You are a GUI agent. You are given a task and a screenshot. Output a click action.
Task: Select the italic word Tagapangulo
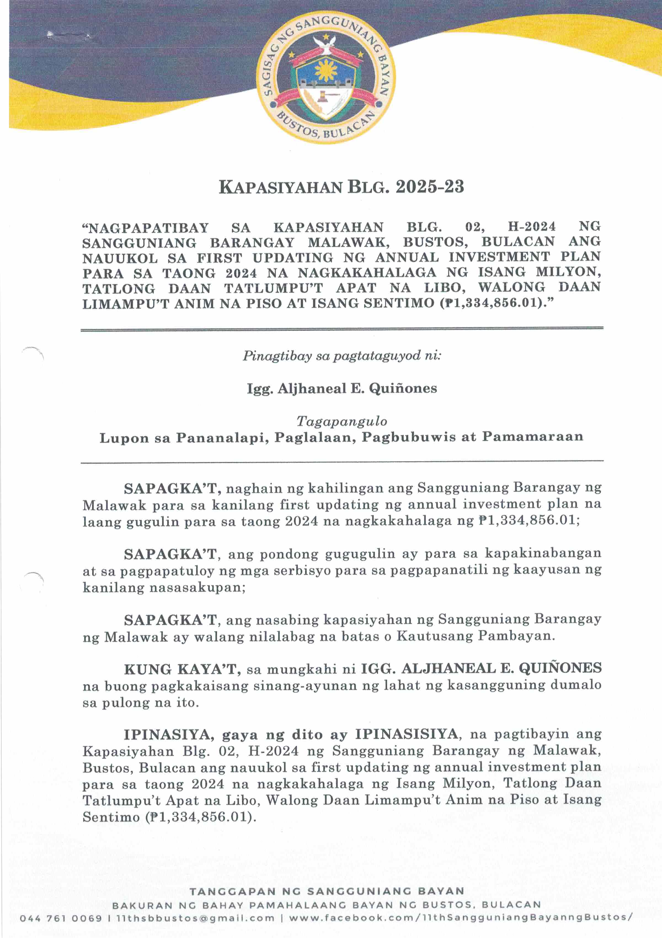342,421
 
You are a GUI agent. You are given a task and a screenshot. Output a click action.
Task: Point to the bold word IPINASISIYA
406,734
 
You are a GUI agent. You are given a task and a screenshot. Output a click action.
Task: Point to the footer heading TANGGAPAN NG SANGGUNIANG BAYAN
327,891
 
